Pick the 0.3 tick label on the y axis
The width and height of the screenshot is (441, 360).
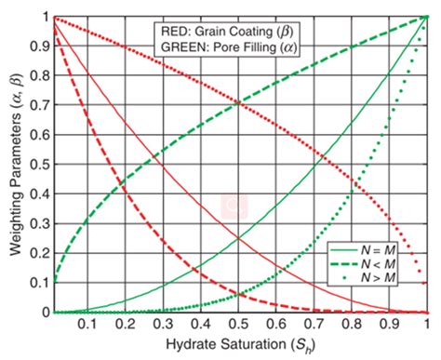coord(37,223)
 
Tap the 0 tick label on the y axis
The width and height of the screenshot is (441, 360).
coord(43,313)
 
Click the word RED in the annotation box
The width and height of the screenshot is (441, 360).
coord(172,29)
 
